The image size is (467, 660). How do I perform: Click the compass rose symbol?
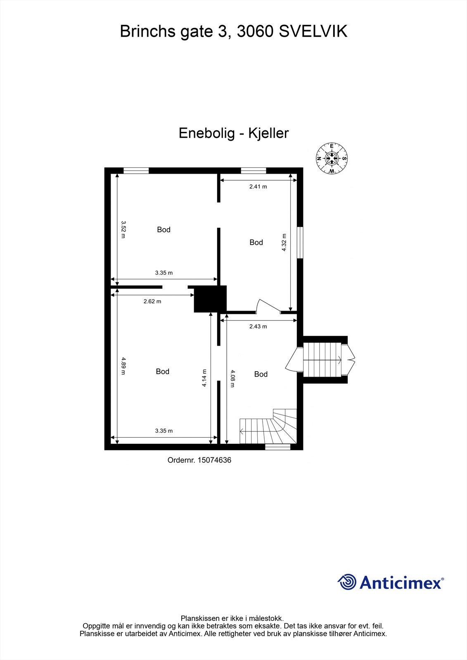point(332,158)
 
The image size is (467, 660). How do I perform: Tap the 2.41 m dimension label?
point(258,186)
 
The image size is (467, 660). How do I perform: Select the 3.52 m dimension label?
point(123,229)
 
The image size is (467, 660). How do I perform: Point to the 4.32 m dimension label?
point(284,242)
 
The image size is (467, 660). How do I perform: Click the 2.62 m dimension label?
point(152,302)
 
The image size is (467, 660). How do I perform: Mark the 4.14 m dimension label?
point(204,378)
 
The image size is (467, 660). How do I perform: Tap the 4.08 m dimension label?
point(232,378)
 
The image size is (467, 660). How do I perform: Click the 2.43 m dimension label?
point(258,326)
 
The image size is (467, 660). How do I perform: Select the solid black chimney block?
point(210,299)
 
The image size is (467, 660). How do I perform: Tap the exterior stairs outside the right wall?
point(324,360)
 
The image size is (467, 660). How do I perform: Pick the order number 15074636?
point(199,460)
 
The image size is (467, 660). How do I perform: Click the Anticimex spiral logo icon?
point(346,582)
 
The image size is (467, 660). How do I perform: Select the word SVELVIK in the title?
point(313,31)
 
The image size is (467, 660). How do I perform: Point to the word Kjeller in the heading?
point(268,133)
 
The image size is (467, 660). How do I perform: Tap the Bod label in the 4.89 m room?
point(163,372)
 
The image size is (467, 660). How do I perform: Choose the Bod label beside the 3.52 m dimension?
point(164,230)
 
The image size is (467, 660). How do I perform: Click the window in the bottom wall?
point(277,446)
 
